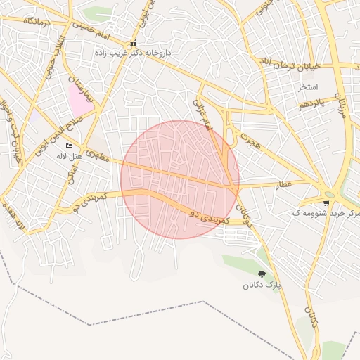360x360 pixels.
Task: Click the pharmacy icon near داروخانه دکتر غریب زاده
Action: point(133,44)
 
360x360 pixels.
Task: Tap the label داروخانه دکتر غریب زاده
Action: point(134,53)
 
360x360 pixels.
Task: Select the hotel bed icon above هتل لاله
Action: point(69,146)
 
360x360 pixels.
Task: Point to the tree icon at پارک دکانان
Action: point(262,275)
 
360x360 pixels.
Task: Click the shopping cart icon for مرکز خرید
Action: point(326,202)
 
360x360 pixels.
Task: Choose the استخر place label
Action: point(307,87)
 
